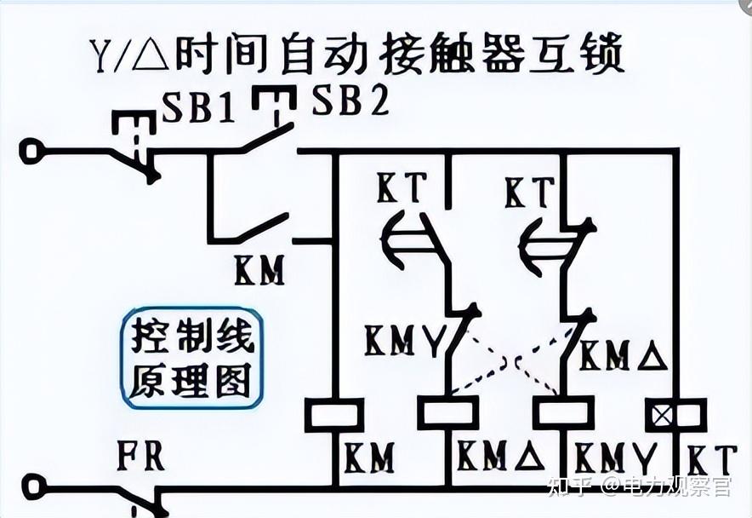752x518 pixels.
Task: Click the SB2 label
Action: [x=350, y=100]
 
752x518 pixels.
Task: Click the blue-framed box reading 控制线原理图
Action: [x=191, y=358]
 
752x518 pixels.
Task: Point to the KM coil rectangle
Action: [x=334, y=415]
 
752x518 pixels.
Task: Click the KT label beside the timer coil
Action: [x=711, y=460]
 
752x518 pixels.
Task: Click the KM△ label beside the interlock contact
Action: [x=624, y=354]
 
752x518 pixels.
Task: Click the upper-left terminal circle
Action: [x=31, y=152]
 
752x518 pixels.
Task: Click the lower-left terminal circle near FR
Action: [x=33, y=487]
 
